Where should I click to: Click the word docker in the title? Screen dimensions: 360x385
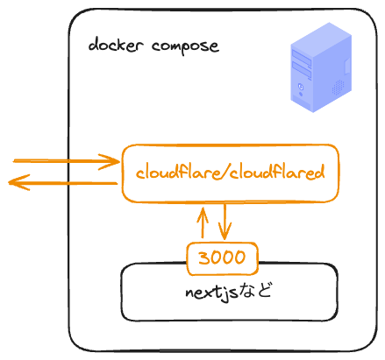(x=112, y=45)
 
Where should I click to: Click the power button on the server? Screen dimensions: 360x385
(x=302, y=88)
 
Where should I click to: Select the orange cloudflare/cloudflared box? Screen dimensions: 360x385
(x=230, y=173)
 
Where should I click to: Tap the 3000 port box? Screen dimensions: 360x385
(x=224, y=258)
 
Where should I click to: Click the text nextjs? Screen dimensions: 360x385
(x=211, y=292)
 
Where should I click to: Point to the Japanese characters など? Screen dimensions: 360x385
(x=257, y=292)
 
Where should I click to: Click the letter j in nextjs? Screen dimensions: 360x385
(x=223, y=293)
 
